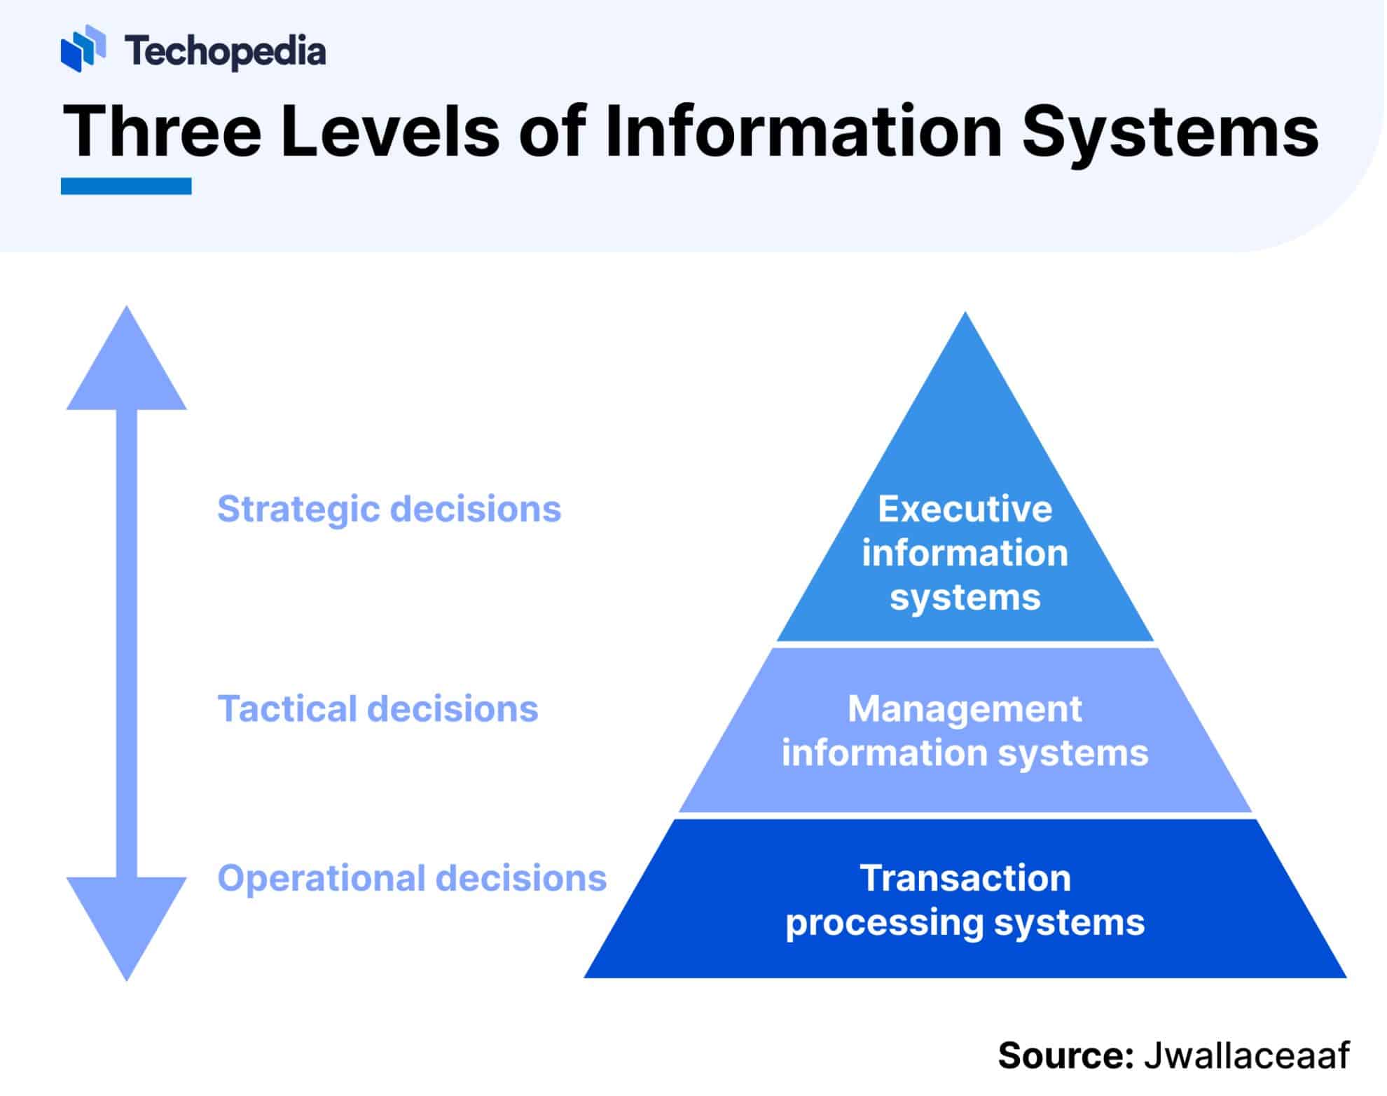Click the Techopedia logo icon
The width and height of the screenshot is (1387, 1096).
83,48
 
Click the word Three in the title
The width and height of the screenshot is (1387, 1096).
162,131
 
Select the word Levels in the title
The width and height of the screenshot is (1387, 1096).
389,131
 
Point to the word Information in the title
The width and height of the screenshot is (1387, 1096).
803,131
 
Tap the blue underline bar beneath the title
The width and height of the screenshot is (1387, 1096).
126,186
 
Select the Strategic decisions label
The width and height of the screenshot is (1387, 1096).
389,509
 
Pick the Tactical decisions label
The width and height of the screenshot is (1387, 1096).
378,708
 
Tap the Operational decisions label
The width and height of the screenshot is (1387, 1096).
412,878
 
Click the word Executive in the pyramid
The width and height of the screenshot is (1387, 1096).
965,509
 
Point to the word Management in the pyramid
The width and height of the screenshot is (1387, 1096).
965,708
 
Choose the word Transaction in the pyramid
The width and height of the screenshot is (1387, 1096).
965,878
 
